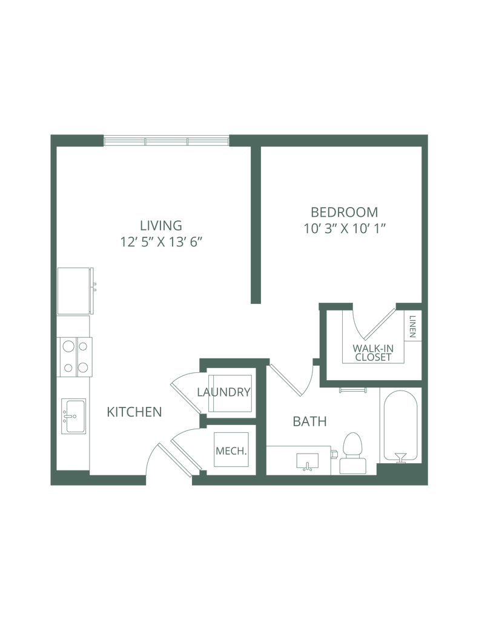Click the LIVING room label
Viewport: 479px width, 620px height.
(160, 225)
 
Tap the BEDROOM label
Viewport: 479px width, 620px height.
(344, 212)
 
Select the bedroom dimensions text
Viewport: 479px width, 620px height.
(344, 228)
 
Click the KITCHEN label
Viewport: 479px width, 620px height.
(134, 412)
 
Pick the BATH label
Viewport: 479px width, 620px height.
(310, 421)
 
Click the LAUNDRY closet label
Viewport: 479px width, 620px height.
(223, 392)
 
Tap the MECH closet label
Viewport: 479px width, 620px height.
(230, 450)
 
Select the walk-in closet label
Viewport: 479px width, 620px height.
(373, 352)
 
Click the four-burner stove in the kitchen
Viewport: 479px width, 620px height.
(76, 357)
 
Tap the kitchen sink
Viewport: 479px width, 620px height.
(74, 415)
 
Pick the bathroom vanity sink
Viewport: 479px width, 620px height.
(308, 461)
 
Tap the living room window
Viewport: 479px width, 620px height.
(167, 141)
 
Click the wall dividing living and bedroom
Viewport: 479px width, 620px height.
(256, 224)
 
